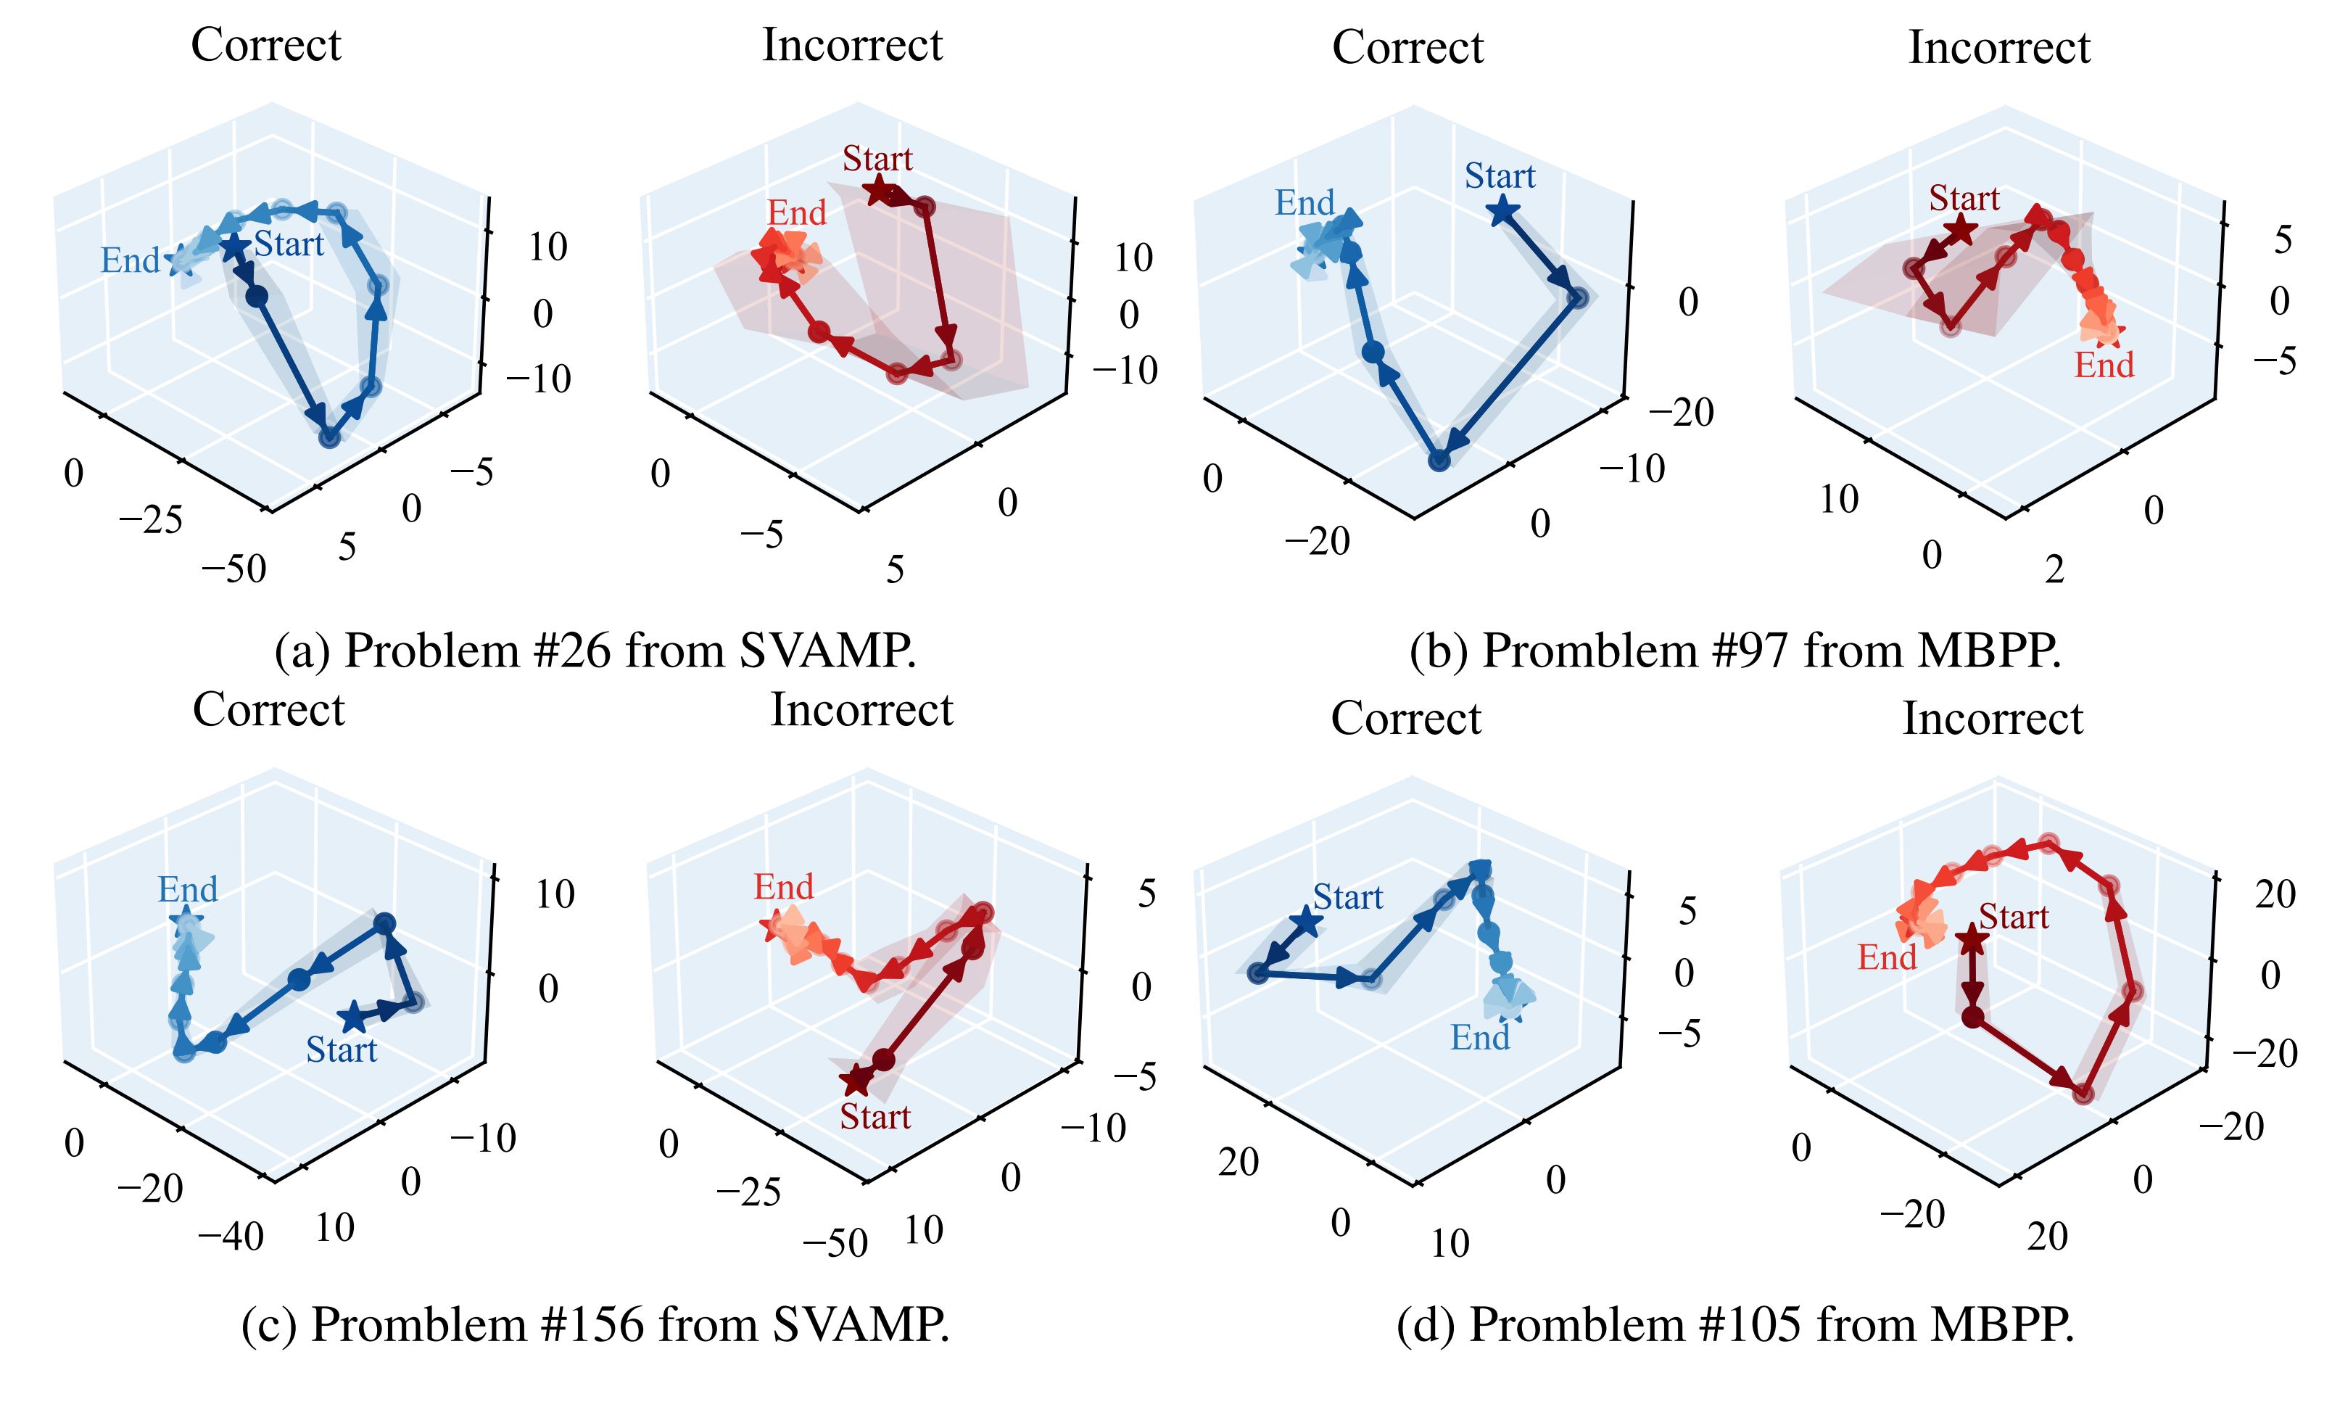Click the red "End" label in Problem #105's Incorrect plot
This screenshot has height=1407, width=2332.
coord(1886,957)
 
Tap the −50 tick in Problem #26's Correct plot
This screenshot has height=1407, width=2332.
coord(233,570)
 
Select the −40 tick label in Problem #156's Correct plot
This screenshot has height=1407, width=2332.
coord(231,1237)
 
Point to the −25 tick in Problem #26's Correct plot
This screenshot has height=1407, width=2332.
coord(151,520)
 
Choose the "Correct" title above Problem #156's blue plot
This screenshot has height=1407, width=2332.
coord(269,710)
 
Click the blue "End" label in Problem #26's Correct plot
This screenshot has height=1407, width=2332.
coord(131,260)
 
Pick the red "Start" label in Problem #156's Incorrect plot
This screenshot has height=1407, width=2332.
coord(874,1116)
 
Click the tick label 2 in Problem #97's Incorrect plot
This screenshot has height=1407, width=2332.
coord(2054,570)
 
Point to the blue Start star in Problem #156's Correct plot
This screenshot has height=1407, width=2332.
coord(353,1018)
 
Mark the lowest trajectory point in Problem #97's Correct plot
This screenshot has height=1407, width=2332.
coord(1439,460)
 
